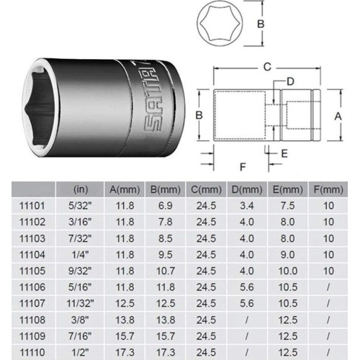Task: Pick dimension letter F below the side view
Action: pyautogui.click(x=243, y=166)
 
